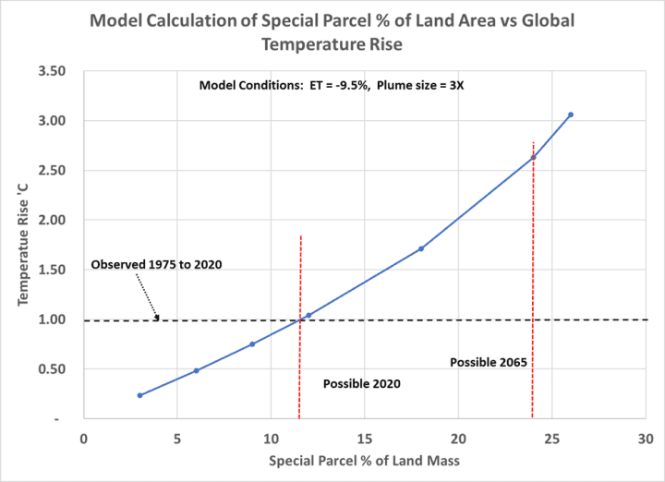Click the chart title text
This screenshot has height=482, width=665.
click(332, 33)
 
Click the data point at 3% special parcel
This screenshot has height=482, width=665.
click(139, 395)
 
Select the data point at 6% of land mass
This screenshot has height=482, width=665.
click(196, 370)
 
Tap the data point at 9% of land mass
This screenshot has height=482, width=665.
click(252, 344)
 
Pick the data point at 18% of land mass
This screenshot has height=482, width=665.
click(421, 248)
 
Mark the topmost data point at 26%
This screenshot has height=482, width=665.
click(571, 114)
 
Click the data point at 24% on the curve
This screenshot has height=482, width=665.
click(533, 157)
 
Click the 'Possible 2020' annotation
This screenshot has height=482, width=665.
click(361, 383)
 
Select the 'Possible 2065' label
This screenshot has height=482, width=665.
click(489, 362)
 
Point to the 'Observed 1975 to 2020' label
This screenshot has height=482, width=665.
click(156, 265)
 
